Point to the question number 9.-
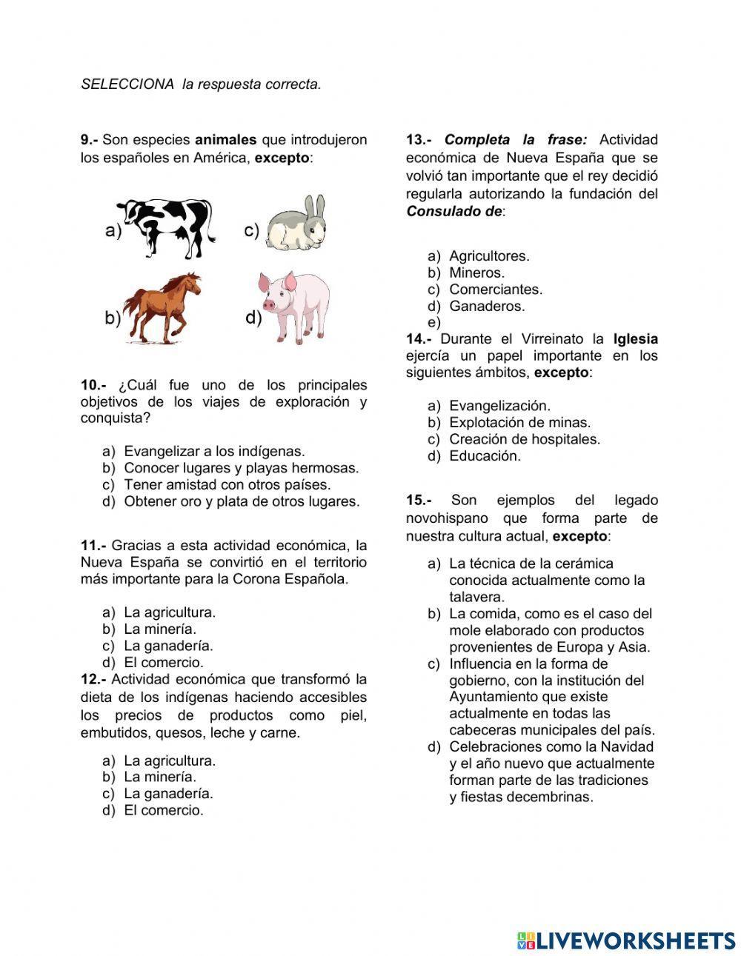click(89, 140)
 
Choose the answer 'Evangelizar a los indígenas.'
click(214, 451)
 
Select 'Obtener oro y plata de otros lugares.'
click(241, 501)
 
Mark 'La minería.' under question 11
click(160, 629)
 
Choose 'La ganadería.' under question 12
click(168, 794)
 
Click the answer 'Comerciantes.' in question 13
click(495, 290)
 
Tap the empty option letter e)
click(434, 323)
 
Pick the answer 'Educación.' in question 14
click(485, 456)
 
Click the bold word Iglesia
click(635, 339)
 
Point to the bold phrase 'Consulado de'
click(453, 212)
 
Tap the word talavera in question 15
click(476, 597)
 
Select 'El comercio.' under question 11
click(163, 663)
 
